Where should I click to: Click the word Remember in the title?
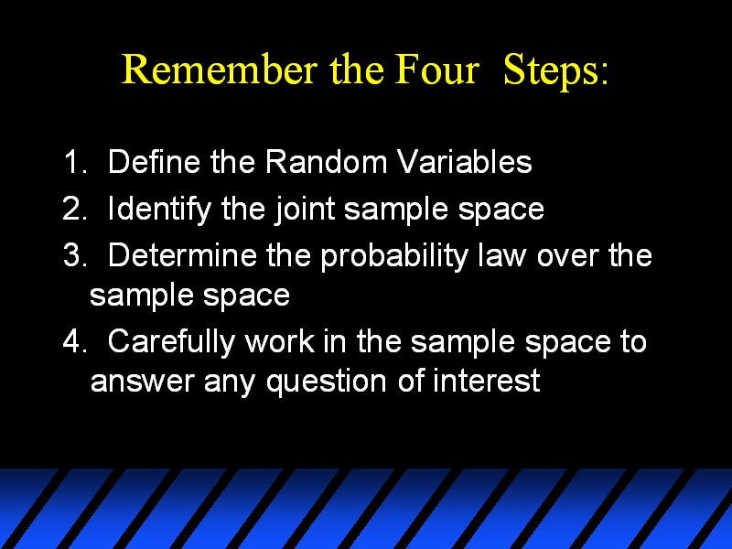(x=220, y=70)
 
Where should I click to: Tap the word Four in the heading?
(x=437, y=70)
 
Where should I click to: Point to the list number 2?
(x=75, y=209)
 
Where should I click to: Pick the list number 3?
(x=75, y=255)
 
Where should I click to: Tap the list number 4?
(x=75, y=340)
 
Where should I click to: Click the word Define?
(x=154, y=162)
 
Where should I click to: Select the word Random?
(x=327, y=162)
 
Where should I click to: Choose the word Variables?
(x=465, y=162)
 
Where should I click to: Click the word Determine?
(x=182, y=255)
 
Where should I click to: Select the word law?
(x=501, y=255)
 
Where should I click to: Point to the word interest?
(x=486, y=380)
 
